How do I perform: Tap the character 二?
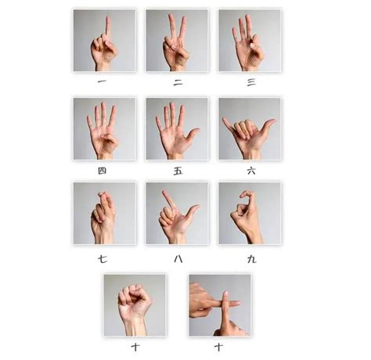point(177,80)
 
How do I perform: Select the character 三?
point(250,80)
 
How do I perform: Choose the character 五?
point(177,170)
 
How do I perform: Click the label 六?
point(250,170)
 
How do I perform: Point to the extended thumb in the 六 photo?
point(270,123)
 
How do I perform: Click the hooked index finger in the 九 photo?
point(248,194)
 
